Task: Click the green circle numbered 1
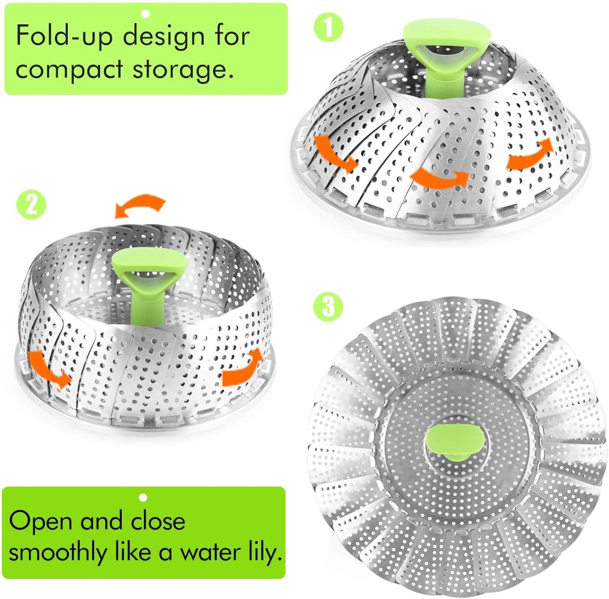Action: tap(329, 28)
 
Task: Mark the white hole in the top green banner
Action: tap(145, 14)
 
